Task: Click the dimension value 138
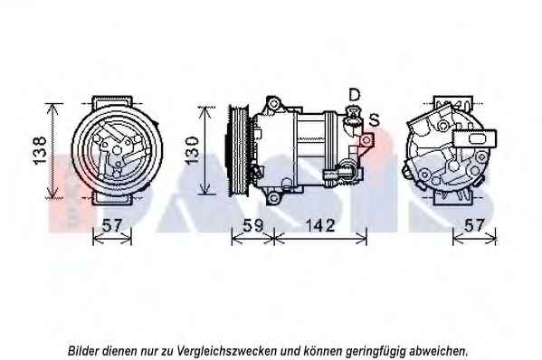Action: pos(40,150)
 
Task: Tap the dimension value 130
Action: pos(192,150)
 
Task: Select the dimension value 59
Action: pos(253,225)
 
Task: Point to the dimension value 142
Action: pos(320,225)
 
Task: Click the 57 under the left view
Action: pos(112,225)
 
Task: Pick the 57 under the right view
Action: pos(474,225)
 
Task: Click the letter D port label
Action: pos(355,94)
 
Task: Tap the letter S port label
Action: pos(374,119)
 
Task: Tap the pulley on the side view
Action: pos(237,151)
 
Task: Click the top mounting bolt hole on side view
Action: pos(273,103)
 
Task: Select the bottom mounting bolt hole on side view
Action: pos(273,198)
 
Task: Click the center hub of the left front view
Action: pos(118,150)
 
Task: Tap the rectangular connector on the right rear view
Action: pos(475,139)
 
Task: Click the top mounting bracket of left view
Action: pos(112,102)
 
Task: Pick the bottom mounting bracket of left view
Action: pos(112,198)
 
